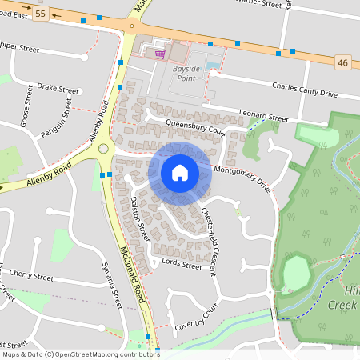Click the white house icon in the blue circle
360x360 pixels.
(180, 172)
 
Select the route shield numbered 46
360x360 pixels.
(343, 62)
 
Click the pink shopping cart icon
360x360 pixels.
(160, 54)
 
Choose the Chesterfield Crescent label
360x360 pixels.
(210, 237)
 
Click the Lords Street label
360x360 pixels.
(182, 264)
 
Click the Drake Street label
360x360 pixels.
(58, 90)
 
